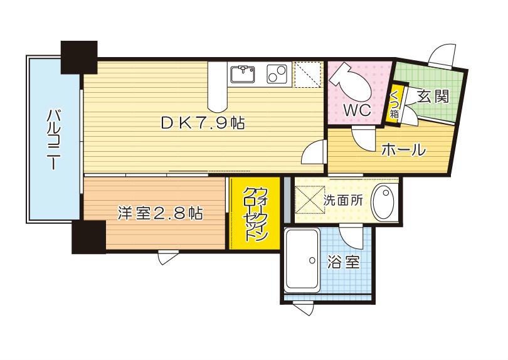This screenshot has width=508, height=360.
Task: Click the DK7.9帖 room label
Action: pos(203,123)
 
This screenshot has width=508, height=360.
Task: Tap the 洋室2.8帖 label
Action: pos(161,213)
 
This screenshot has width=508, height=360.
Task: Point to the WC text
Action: pos(357,110)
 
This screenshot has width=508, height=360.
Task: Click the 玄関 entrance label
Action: pos(433,96)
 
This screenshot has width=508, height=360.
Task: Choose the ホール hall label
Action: pos(403,150)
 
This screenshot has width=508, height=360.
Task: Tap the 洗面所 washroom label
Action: pos(343,201)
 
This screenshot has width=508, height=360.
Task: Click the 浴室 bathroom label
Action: pos(344,262)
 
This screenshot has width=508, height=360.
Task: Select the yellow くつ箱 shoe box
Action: pos(394,104)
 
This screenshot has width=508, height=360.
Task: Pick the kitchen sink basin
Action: pos(242,74)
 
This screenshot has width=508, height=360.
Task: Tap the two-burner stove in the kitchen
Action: pos(277,74)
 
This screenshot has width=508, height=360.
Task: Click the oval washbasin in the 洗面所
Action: pos(383,201)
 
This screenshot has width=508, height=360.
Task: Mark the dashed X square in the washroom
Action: pos(310,200)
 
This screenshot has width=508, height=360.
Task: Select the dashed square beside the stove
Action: pos(307,74)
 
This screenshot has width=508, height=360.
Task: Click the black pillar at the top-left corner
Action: pos(79,57)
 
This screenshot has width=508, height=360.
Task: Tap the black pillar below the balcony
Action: pos(89,237)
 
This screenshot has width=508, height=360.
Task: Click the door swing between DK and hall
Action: pos(314,153)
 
